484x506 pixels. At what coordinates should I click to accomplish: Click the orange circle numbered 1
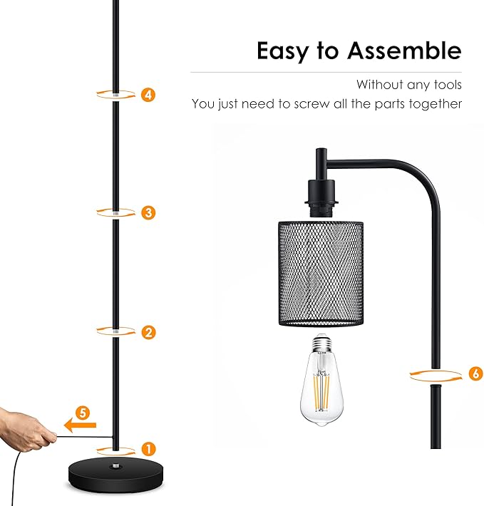click(x=148, y=449)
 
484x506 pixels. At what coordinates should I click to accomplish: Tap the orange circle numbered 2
click(x=148, y=332)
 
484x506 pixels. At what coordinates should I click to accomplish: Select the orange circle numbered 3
click(x=148, y=212)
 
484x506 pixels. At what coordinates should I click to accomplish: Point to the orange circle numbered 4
click(x=148, y=95)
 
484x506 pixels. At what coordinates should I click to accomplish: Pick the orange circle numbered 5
click(x=83, y=413)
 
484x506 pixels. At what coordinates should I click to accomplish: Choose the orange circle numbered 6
click(x=476, y=373)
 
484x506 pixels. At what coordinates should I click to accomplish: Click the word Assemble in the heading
click(x=404, y=51)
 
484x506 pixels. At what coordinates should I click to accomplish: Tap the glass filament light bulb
click(x=321, y=380)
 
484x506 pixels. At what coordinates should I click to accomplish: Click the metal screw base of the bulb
click(x=321, y=344)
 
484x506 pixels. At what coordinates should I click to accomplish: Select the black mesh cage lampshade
click(x=321, y=274)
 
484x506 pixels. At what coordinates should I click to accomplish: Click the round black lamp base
click(x=115, y=475)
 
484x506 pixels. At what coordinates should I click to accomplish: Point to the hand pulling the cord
click(x=26, y=430)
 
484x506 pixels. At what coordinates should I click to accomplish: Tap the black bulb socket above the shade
click(x=321, y=198)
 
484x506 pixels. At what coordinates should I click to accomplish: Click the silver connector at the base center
click(x=115, y=466)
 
